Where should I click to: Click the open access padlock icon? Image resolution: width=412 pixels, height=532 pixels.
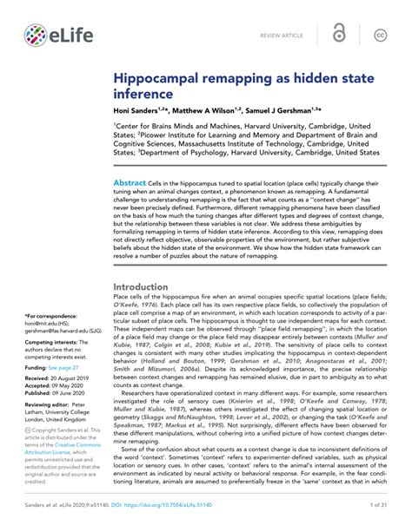point(339,34)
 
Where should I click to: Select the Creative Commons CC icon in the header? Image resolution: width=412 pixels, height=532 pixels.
point(380,35)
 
